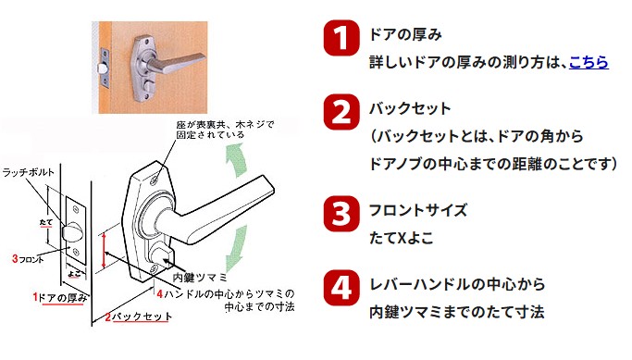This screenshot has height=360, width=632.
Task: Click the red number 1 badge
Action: tap(341, 38)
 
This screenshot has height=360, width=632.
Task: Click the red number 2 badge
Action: tap(341, 112)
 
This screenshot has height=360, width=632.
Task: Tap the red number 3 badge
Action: tap(341, 214)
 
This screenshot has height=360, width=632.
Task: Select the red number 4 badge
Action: tap(341, 288)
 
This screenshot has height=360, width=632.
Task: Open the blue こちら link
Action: tap(589, 63)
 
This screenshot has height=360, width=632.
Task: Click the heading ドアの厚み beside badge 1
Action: tap(405, 34)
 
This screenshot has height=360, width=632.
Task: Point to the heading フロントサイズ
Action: tap(418, 210)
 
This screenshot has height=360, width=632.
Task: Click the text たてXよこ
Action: tap(402, 238)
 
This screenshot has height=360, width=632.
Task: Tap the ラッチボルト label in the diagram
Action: tap(28, 172)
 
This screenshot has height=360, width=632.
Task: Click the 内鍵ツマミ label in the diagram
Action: tap(200, 278)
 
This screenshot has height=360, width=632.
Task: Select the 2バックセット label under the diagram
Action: tap(138, 317)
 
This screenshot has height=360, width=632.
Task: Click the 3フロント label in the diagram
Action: tap(28, 259)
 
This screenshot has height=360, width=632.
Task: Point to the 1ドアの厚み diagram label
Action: tap(60, 298)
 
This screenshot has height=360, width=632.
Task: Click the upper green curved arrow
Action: tap(236, 161)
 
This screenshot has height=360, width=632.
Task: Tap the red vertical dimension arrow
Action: tap(104, 251)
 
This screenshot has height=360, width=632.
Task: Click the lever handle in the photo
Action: tap(175, 63)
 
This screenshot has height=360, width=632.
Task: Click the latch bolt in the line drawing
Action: tap(72, 232)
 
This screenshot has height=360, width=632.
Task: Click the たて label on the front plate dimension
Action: tap(46, 222)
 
